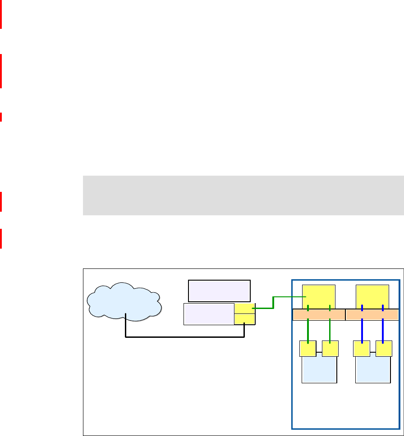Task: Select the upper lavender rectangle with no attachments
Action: tap(219, 290)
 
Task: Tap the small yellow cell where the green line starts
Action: tap(244, 308)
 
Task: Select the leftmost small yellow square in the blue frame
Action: tap(308, 349)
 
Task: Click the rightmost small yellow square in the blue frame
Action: tap(384, 349)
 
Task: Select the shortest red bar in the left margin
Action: tap(1, 117)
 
